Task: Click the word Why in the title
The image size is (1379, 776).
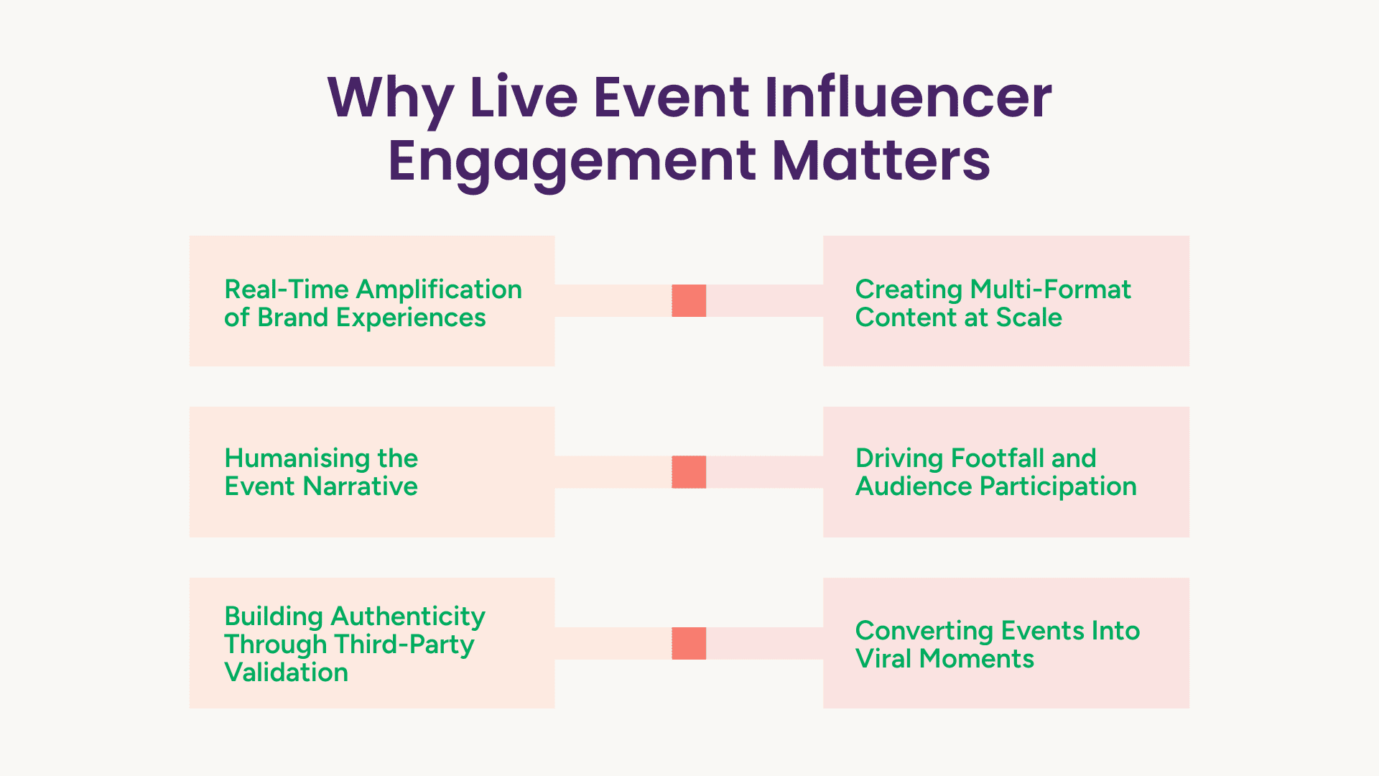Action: point(390,101)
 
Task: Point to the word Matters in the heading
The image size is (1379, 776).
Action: point(881,160)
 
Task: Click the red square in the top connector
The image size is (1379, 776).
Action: point(689,300)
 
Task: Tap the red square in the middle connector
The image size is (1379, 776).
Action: point(689,472)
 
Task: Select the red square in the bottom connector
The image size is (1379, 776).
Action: point(689,643)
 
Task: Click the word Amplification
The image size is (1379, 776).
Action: point(439,290)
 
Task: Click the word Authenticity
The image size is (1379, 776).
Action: point(409,617)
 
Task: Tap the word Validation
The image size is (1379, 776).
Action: point(287,673)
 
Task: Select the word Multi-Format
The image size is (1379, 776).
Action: point(1051,290)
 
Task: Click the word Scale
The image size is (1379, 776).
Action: point(1029,318)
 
